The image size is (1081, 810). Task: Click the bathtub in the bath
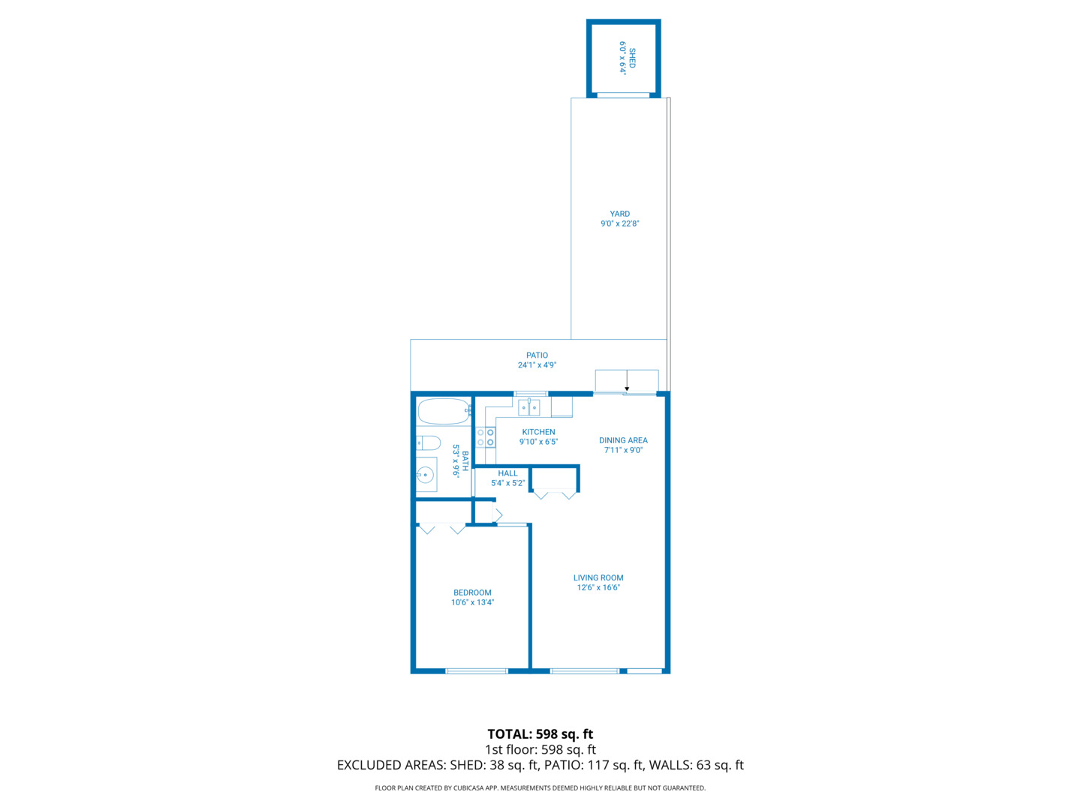pyautogui.click(x=444, y=412)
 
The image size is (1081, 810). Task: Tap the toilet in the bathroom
pyautogui.click(x=429, y=442)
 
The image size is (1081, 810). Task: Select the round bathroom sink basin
pyautogui.click(x=426, y=475)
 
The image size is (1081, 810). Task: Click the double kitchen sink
pyautogui.click(x=529, y=408)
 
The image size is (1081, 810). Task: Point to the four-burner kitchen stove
pyautogui.click(x=486, y=437)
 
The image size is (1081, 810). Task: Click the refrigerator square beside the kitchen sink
pyautogui.click(x=562, y=406)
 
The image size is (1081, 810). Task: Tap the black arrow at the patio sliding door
pyautogui.click(x=627, y=388)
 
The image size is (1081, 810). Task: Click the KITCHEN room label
pyautogui.click(x=538, y=432)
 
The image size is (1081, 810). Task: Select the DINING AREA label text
pyautogui.click(x=623, y=440)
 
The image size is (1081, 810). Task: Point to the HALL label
pyautogui.click(x=507, y=473)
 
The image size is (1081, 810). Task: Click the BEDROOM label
pyautogui.click(x=472, y=592)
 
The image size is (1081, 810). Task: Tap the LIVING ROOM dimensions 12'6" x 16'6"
pyautogui.click(x=598, y=588)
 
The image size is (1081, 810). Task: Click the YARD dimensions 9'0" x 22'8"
pyautogui.click(x=619, y=223)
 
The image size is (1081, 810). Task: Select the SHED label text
pyautogui.click(x=632, y=58)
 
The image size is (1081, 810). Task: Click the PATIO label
pyautogui.click(x=537, y=355)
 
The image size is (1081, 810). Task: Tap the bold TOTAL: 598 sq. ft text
pyautogui.click(x=540, y=734)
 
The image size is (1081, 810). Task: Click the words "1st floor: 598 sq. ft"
pyautogui.click(x=540, y=750)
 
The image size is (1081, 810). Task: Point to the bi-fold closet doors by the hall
pyautogui.click(x=555, y=494)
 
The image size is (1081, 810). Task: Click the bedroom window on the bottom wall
pyautogui.click(x=477, y=671)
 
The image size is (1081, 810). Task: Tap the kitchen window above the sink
pyautogui.click(x=531, y=393)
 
